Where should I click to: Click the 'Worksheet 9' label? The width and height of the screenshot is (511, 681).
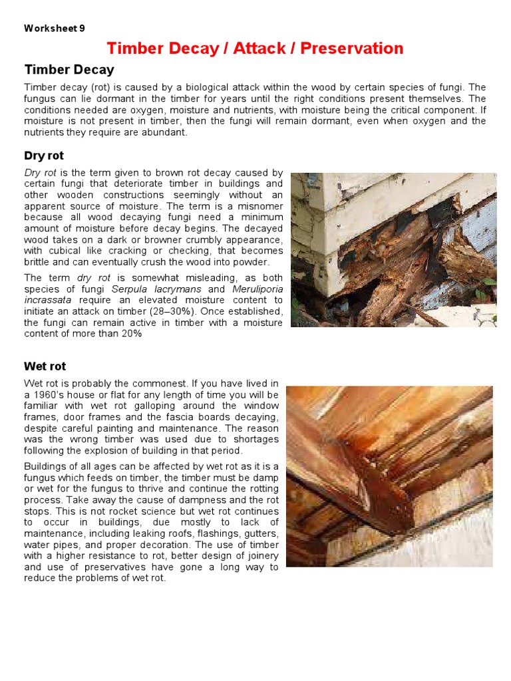55,28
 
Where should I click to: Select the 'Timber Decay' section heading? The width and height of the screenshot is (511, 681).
69,70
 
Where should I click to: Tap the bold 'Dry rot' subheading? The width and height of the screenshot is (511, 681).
44,156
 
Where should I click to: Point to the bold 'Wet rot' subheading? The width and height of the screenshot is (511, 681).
45,366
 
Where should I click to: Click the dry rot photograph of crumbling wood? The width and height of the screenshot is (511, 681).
393,249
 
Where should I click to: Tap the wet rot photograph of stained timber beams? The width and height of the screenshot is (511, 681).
389,476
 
